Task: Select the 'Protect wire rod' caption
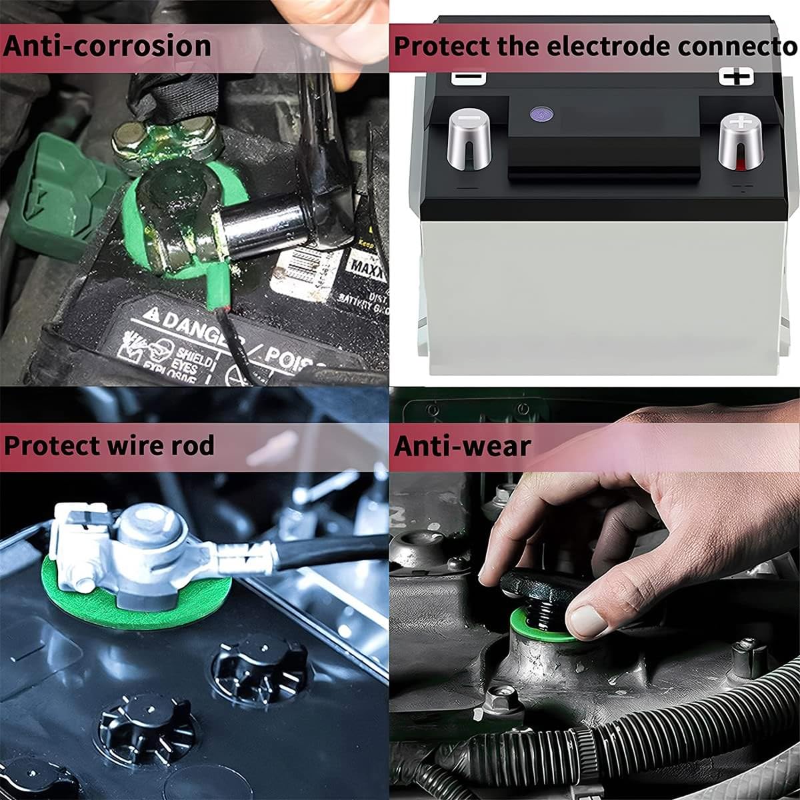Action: pos(109,445)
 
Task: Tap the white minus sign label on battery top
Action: pos(469,77)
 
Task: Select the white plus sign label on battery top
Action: pos(736,77)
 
